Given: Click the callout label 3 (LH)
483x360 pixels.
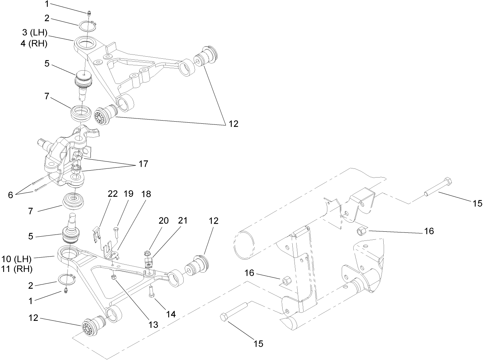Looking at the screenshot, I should coord(34,33).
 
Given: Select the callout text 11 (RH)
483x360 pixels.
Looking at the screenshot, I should coord(17,269).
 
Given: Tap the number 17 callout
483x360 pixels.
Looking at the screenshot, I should coord(143,164).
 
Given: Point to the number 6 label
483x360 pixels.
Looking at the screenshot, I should coord(10,195).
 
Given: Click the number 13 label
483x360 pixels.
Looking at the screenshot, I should coord(153,324).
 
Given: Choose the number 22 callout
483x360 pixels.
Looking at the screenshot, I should coord(113,194).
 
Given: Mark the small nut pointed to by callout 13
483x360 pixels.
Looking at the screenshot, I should coord(114,277).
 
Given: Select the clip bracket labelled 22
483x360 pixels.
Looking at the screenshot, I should coord(95,233).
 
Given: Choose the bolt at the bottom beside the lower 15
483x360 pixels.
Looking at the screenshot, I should coord(233,311).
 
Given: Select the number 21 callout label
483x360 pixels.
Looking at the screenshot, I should coord(183,221).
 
